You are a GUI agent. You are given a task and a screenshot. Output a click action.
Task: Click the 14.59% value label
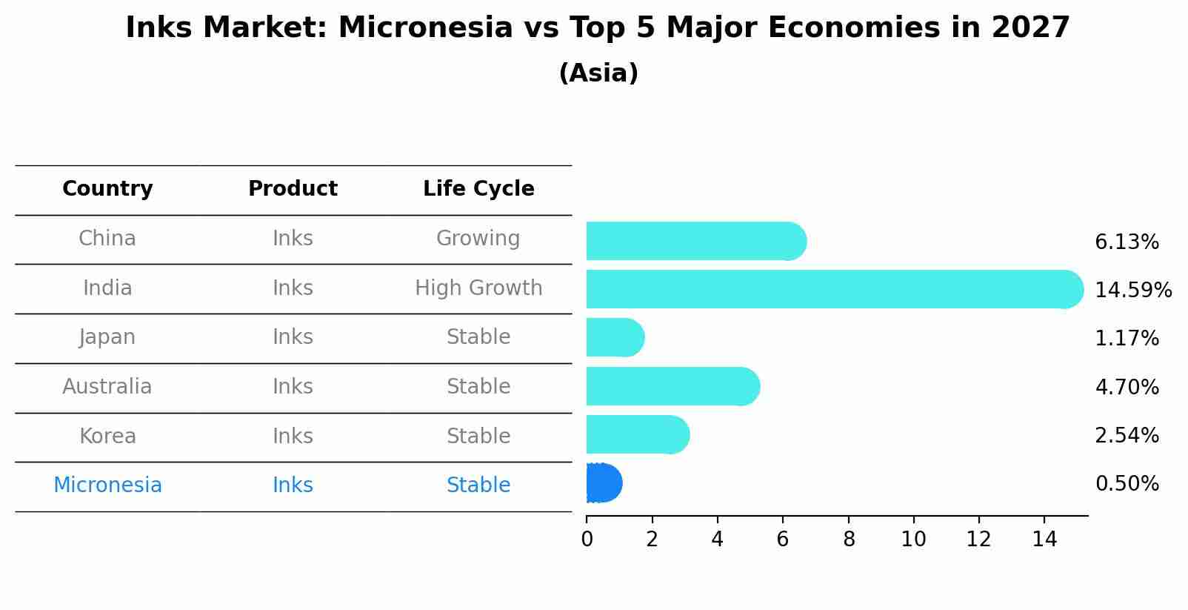(x=1132, y=290)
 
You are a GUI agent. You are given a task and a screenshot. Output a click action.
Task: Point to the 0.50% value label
(x=1127, y=484)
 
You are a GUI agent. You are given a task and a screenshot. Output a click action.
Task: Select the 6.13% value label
(x=1127, y=242)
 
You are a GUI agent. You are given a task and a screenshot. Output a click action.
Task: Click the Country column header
(x=107, y=189)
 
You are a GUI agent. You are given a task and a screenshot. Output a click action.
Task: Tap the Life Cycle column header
(x=478, y=189)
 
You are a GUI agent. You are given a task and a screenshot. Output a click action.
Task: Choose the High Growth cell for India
(x=478, y=288)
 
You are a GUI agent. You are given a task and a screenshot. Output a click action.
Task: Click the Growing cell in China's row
(x=478, y=239)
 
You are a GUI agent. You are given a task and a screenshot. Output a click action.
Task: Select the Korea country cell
(x=107, y=436)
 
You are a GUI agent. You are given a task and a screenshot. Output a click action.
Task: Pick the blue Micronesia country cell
(x=107, y=485)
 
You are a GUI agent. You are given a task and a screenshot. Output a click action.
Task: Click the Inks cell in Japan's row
(x=293, y=337)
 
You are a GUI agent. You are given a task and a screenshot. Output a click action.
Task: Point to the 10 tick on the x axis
(x=913, y=540)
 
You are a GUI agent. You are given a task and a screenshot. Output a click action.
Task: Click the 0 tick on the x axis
(x=587, y=540)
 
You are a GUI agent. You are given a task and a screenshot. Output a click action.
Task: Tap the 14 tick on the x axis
(x=1044, y=540)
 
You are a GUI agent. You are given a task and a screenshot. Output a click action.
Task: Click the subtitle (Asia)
(x=598, y=73)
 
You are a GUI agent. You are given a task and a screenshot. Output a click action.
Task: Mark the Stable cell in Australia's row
(x=478, y=387)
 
